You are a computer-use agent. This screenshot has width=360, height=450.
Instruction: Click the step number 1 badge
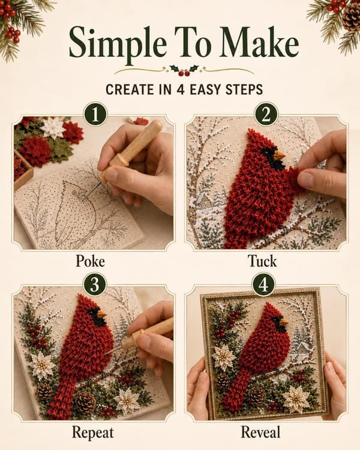tap(95, 115)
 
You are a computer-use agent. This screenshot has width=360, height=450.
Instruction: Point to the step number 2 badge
tap(266, 114)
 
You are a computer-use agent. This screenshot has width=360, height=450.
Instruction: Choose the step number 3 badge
tap(95, 286)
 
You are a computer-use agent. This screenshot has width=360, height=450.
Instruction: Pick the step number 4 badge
tap(263, 285)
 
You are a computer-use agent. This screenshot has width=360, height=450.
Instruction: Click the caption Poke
tap(90, 261)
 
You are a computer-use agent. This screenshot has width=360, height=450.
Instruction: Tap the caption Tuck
tap(262, 261)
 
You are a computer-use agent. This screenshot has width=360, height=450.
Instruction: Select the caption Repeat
tap(93, 433)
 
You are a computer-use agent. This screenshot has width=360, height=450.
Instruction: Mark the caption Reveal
tap(260, 432)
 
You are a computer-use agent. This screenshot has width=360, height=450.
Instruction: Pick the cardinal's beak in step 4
tap(284, 322)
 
